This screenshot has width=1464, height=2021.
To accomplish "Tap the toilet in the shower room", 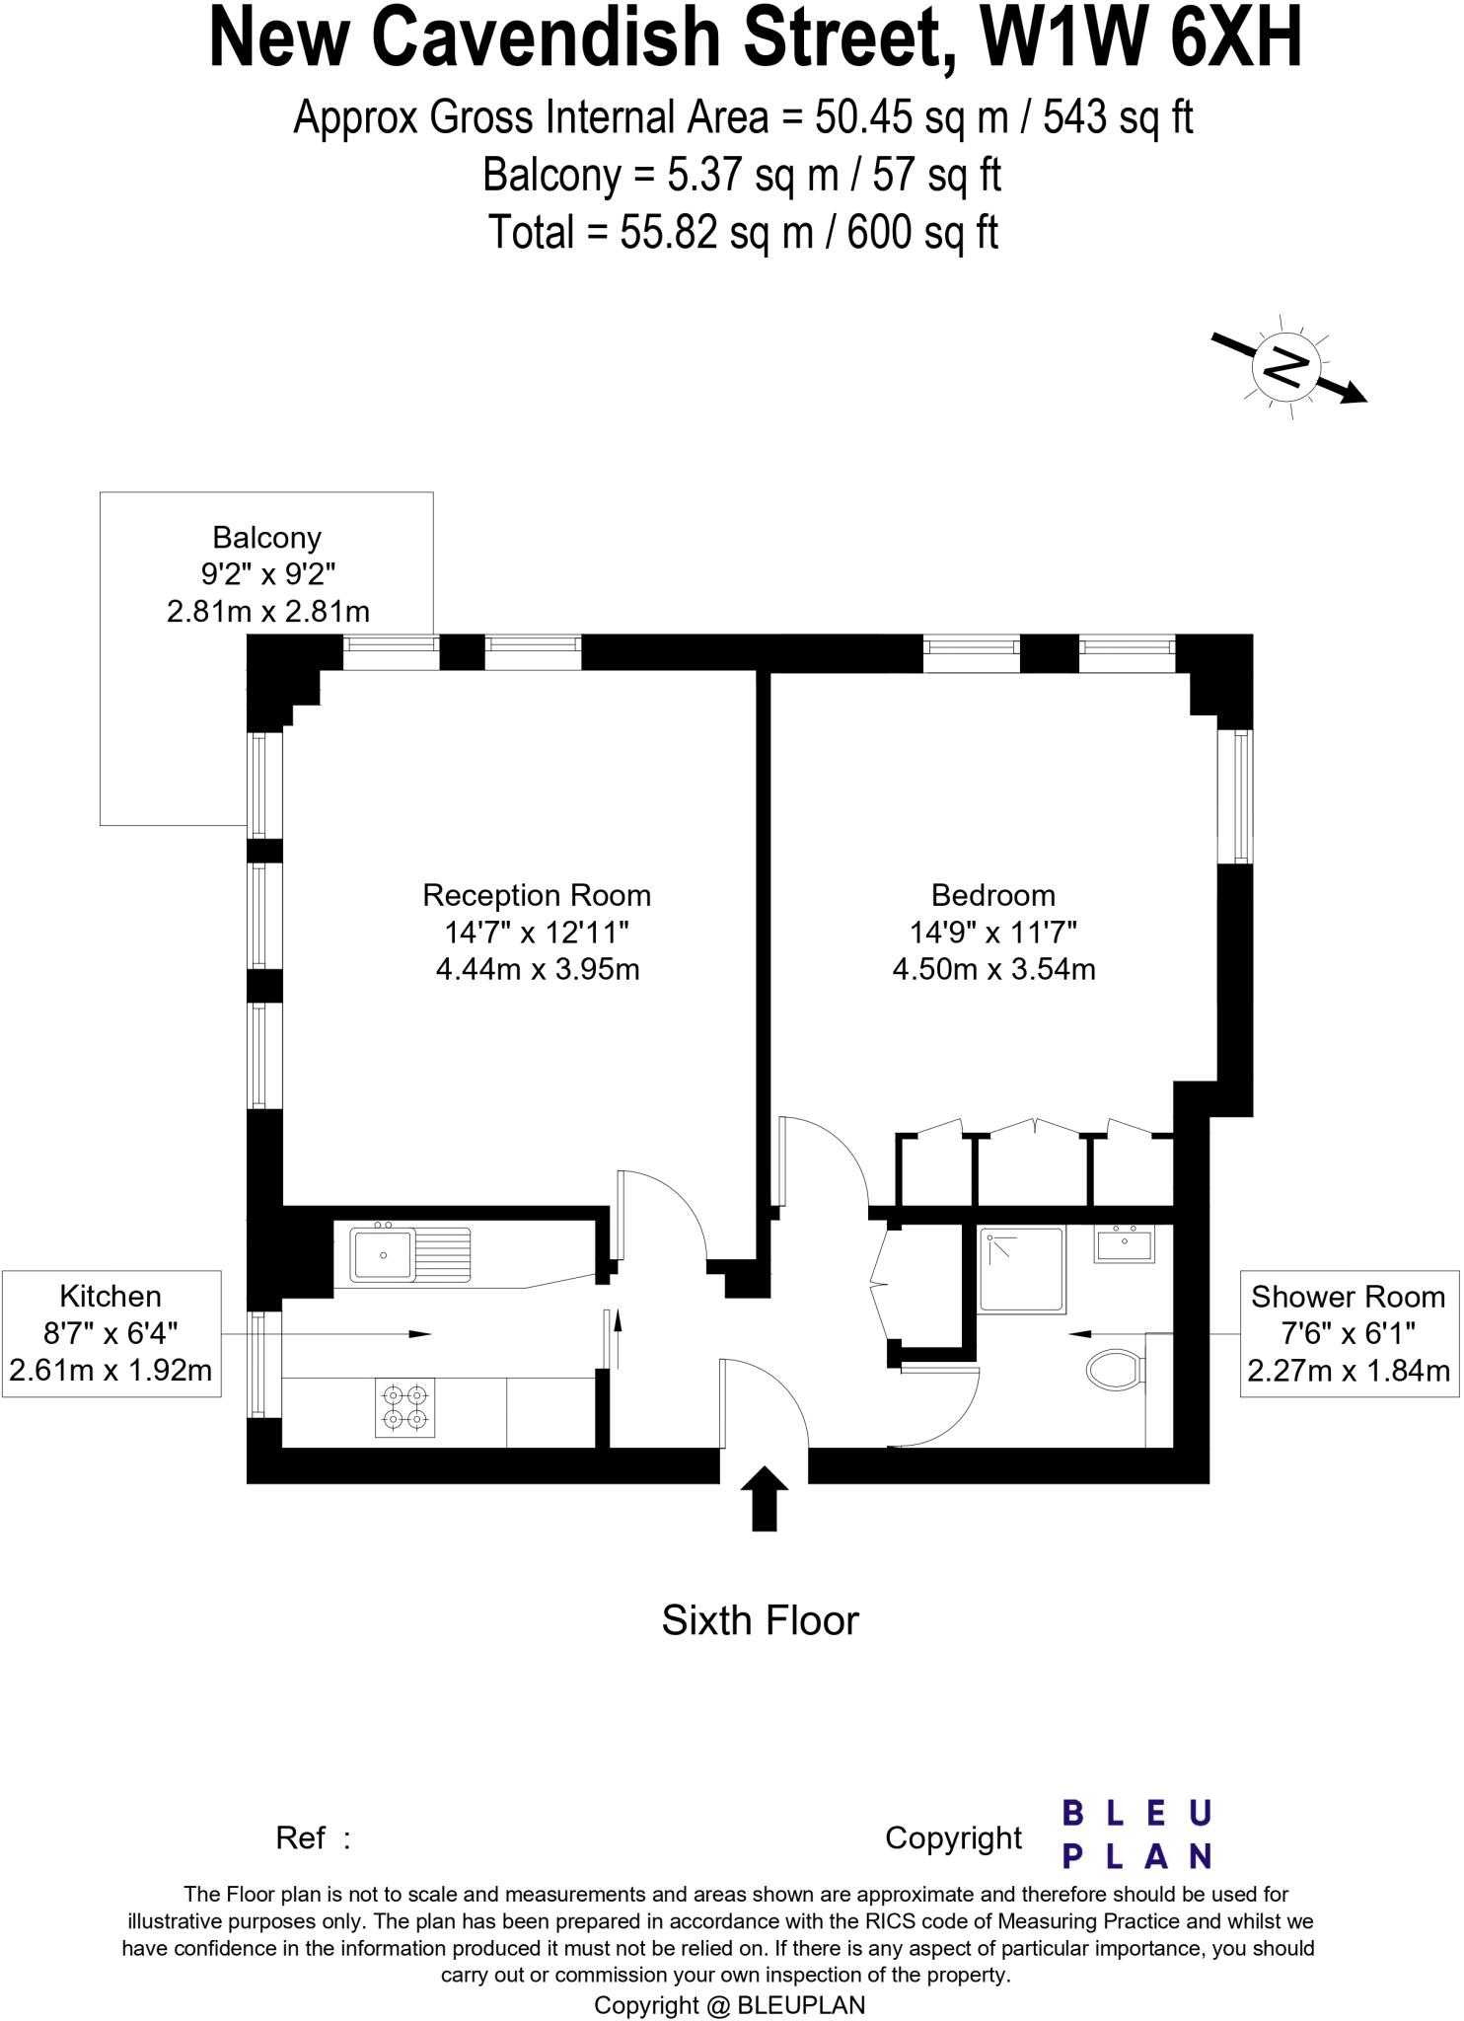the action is [1116, 1371].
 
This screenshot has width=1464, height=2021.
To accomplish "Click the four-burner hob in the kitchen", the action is [405, 1407].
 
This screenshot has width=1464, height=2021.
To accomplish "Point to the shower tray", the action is [1022, 1269].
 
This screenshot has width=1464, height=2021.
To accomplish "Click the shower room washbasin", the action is [1124, 1244].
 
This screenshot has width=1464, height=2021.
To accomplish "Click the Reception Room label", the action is [537, 895].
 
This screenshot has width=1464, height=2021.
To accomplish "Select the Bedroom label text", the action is [992, 895].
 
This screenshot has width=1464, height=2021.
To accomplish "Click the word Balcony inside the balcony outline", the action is [266, 538].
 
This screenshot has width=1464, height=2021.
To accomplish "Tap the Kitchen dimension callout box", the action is [110, 1333].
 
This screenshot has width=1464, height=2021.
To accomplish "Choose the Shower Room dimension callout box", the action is [1348, 1333].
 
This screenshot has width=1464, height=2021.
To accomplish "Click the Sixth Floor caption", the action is [760, 1620].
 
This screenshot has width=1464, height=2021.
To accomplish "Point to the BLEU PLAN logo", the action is [1135, 1835].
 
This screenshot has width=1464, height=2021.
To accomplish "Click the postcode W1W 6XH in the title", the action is [1140, 37].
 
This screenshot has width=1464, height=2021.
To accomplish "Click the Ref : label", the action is [313, 1837].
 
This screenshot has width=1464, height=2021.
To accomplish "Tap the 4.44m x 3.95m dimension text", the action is [538, 969].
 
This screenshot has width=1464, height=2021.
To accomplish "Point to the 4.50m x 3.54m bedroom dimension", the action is [993, 969].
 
